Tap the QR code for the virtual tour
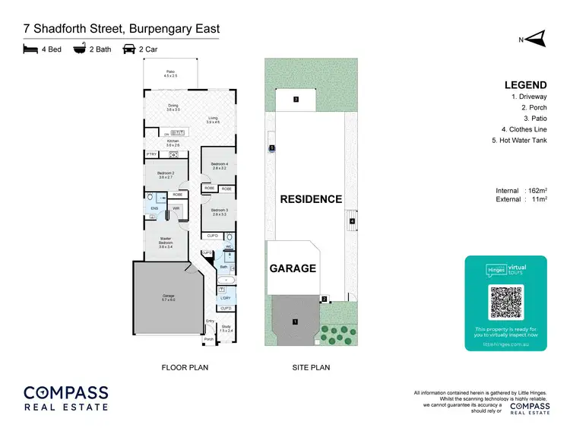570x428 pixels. click(505, 302)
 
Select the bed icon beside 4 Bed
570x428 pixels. click(30, 49)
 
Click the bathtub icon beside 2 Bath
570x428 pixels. click(78, 49)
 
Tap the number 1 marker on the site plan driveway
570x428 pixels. click(295, 322)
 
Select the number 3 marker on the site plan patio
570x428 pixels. click(296, 99)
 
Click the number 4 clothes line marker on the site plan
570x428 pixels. click(352, 221)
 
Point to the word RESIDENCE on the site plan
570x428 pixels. click(311, 199)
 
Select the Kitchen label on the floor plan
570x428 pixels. click(172, 143)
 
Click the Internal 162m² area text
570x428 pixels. click(521, 190)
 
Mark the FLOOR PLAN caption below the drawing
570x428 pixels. click(185, 367)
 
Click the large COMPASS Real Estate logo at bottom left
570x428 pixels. click(65, 399)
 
